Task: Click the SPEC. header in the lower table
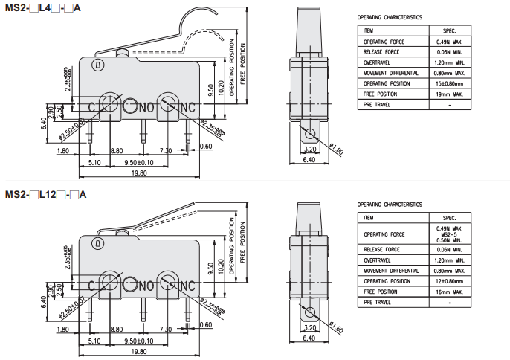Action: pyautogui.click(x=449, y=217)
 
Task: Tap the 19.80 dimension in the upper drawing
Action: pyautogui.click(x=138, y=173)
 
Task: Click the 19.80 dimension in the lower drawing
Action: pyautogui.click(x=138, y=351)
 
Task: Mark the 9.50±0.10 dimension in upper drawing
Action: pyautogui.click(x=138, y=161)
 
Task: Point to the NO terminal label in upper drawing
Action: pyautogui.click(x=146, y=108)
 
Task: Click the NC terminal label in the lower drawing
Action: pyautogui.click(x=186, y=286)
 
